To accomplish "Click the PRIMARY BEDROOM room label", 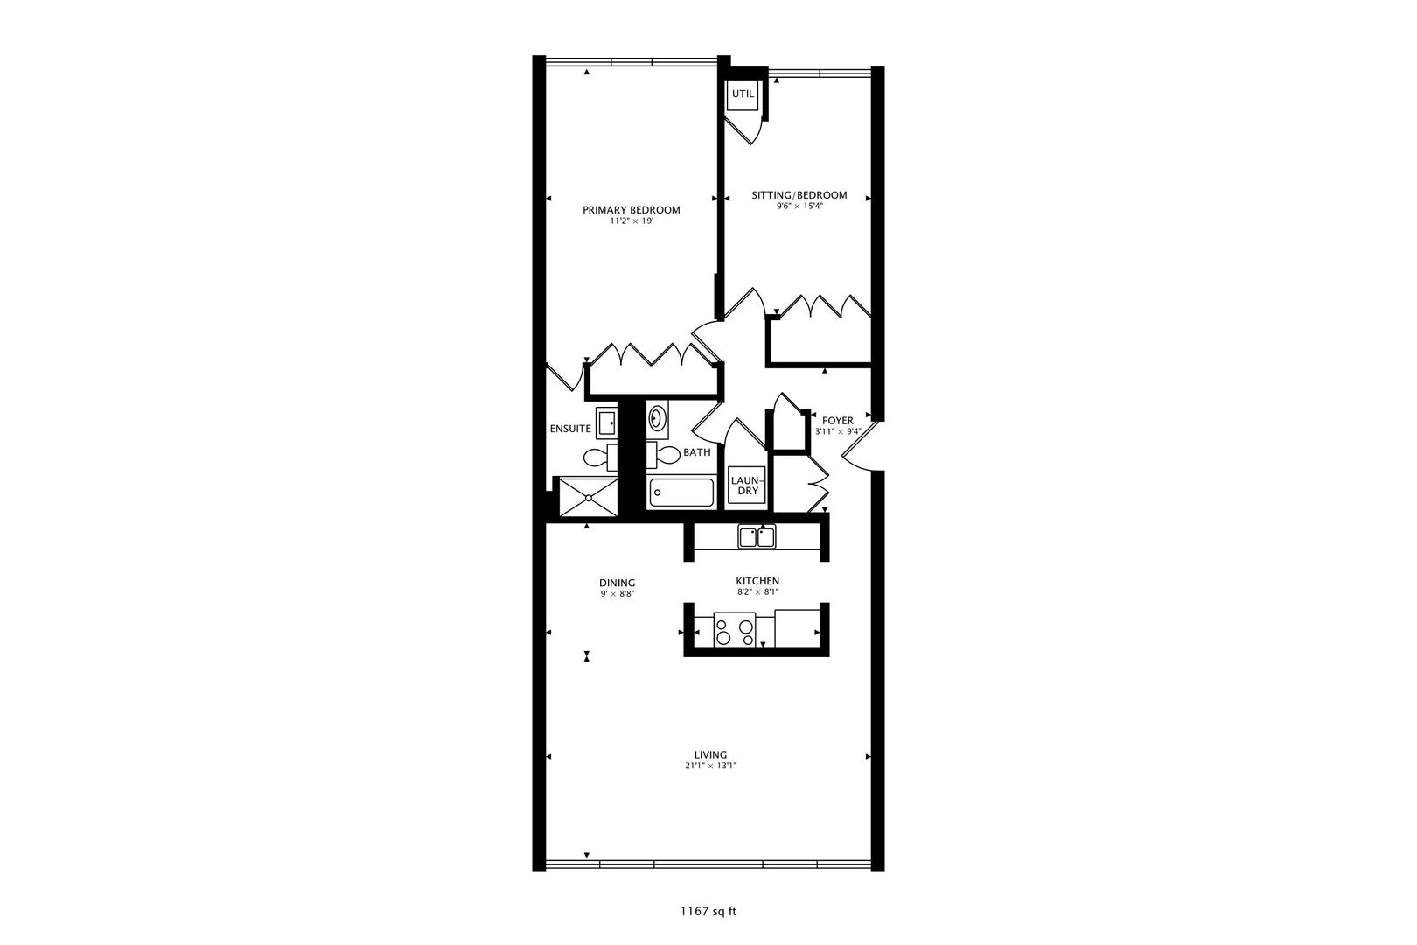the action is coord(632,210).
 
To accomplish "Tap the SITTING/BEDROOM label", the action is coord(799,195).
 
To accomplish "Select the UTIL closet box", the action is coord(743,94).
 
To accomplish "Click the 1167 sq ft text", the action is coord(708,912).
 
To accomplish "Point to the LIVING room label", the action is coord(710,754).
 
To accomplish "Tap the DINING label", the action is coord(618,583).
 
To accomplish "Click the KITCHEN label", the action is coord(757,581).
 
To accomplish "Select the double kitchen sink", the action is coord(757,537).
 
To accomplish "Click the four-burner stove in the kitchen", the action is coord(735,630).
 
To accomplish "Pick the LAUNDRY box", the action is coord(746,486).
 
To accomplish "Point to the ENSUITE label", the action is coord(570,429).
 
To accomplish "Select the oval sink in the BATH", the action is coord(657,418).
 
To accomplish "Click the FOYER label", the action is coord(838,420).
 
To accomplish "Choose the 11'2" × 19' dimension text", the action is coord(632,221).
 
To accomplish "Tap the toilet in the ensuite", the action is coord(600,457).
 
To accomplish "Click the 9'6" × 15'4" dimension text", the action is coord(799,206).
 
